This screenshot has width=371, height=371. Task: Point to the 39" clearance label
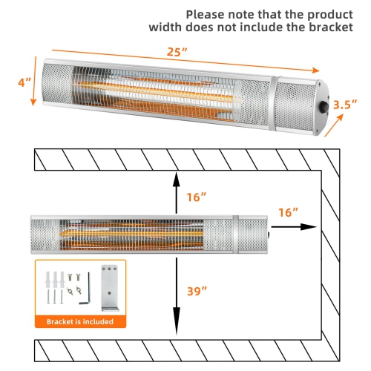[195, 292]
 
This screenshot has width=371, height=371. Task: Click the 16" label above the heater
[195, 197]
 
